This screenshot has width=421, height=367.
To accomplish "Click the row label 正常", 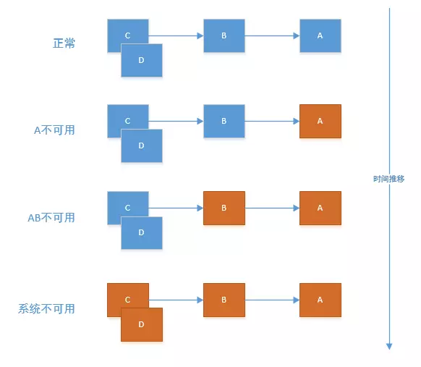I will coord(64,43).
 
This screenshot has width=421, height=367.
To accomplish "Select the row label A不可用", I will coord(54,130).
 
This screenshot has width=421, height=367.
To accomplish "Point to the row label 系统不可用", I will coord(46,309).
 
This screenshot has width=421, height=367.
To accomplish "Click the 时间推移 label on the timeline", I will coord(389,178).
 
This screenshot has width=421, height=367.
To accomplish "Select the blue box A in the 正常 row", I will coord(320,35).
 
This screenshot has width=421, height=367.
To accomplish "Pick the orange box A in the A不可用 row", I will coord(320,122).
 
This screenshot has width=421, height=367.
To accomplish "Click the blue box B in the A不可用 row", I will coord(224,122).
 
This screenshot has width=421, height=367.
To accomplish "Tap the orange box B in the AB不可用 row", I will coord(224,208).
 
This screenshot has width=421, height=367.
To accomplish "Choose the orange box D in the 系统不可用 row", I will coord(141,325).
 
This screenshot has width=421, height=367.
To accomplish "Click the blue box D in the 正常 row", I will coord(141,61).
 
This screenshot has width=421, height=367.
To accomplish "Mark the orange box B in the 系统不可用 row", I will coord(224,300).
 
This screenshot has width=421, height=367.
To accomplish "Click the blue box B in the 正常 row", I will coord(224,35).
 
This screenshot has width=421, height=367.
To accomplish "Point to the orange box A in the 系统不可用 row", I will coord(320,300).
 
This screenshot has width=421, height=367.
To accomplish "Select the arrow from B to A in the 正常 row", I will coord(272,35).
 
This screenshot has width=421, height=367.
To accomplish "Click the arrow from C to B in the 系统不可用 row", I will coord(176,300).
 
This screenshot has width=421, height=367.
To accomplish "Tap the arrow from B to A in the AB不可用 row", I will coord(272,208).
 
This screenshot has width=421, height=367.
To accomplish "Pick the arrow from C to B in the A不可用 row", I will coord(176,122).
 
